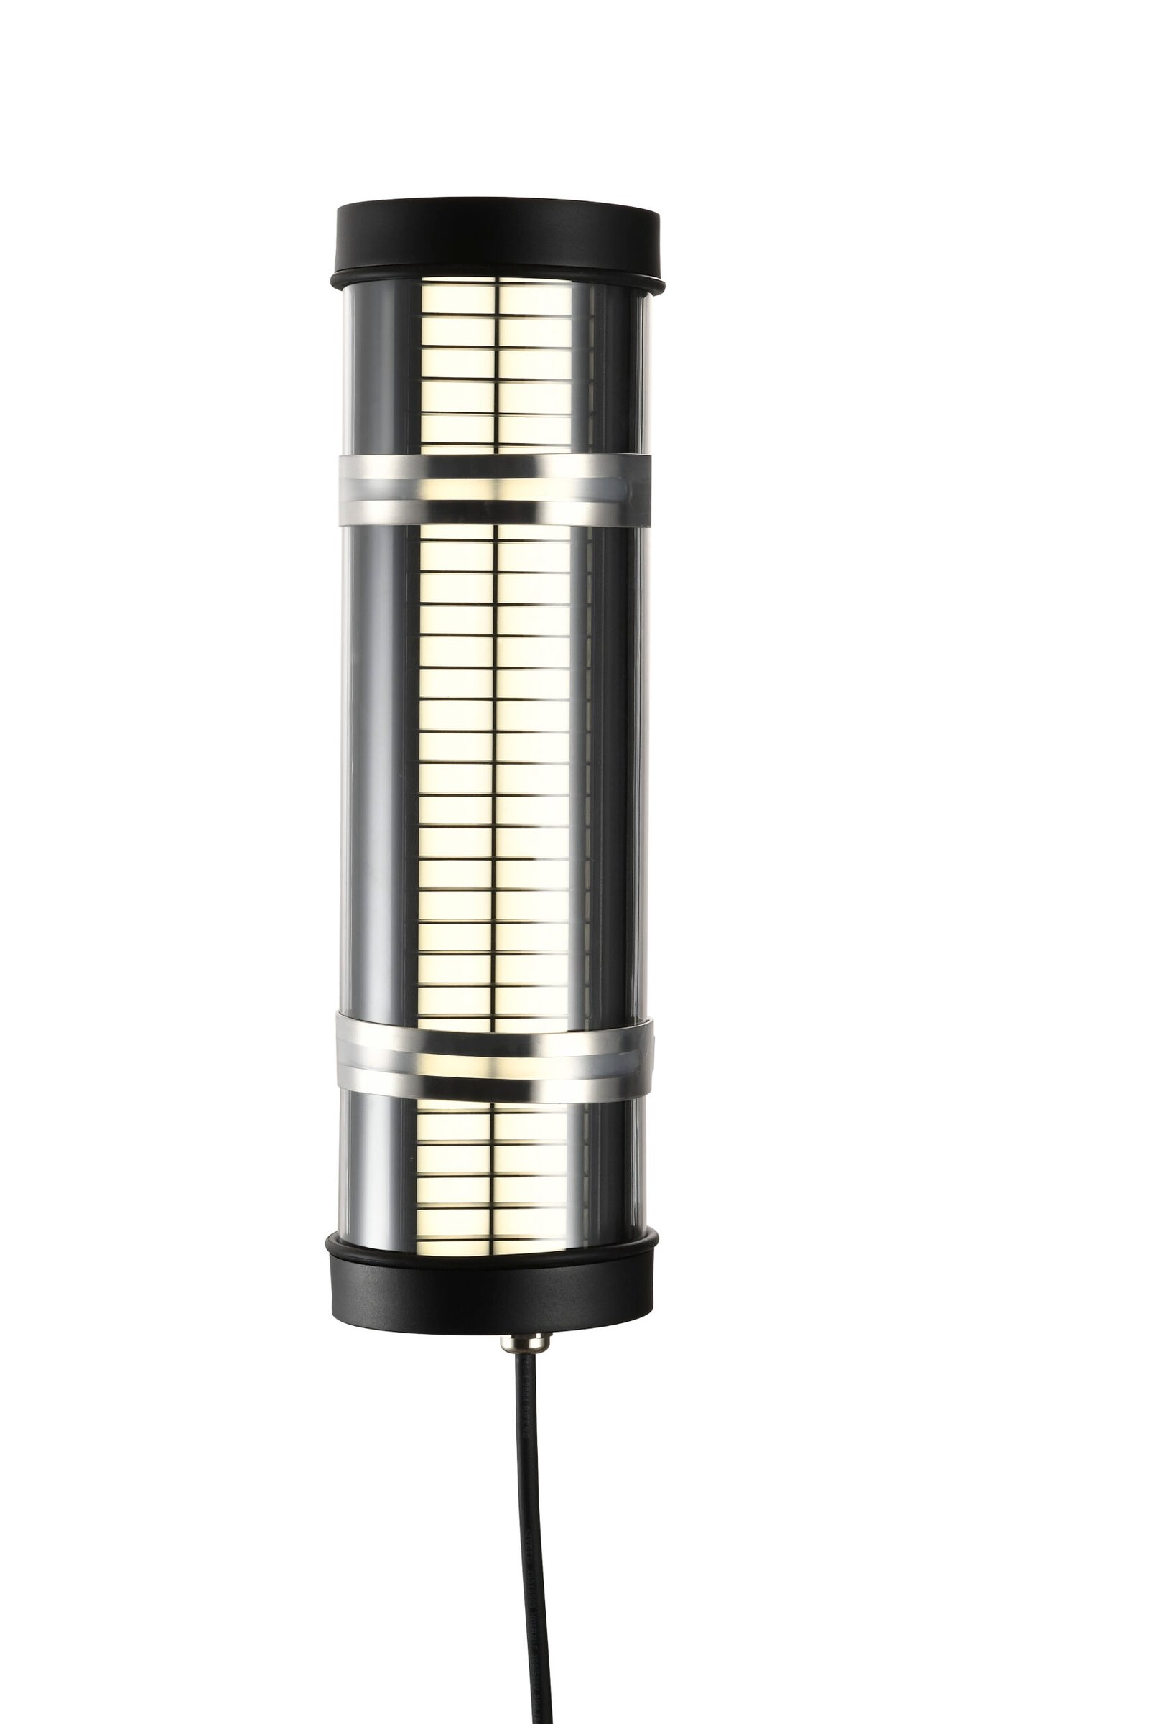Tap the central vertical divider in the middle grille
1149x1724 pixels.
pyautogui.click(x=496, y=769)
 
